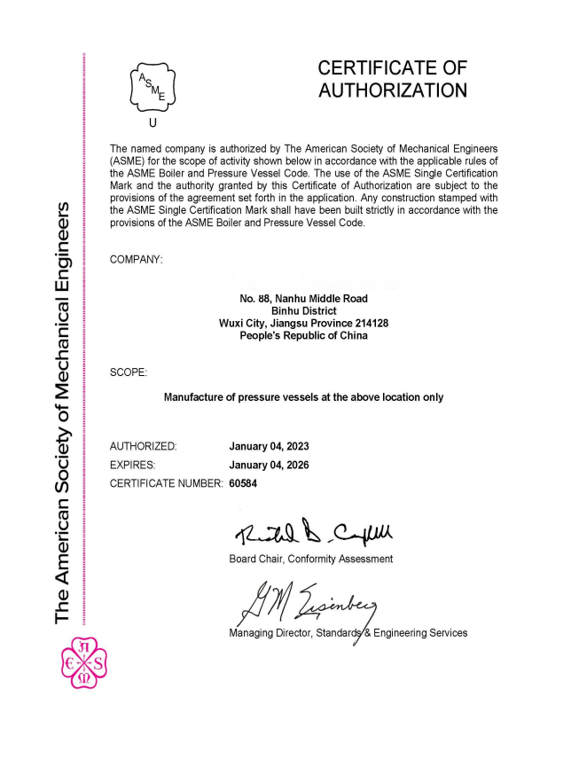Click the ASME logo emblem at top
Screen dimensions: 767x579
coord(153,86)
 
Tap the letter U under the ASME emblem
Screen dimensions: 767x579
coord(153,123)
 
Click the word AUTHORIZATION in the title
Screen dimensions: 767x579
coord(392,90)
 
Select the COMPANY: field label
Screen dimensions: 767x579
coord(137,259)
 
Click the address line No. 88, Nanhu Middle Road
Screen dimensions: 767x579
coord(303,299)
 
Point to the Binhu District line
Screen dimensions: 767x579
coord(303,311)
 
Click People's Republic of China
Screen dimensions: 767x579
coord(303,336)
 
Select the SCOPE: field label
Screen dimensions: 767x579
coord(129,372)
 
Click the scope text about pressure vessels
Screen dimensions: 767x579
coord(303,397)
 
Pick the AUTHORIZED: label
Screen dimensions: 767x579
coord(143,446)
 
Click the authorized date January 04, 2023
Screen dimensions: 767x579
coord(269,446)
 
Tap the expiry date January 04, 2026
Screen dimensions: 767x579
coord(269,465)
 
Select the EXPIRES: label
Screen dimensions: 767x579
coord(133,465)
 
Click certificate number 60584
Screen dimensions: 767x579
coord(244,483)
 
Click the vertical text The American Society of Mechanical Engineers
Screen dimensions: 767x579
coord(63,412)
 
